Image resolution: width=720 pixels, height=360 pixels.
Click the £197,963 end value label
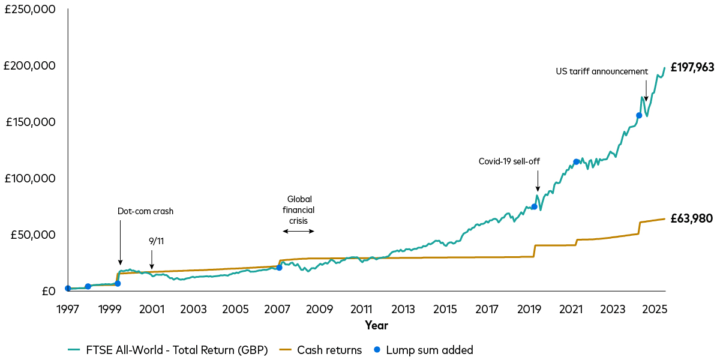tap(692, 68)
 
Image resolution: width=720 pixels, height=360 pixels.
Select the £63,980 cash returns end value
tap(691, 218)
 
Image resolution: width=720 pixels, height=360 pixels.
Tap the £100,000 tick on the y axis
tap(30, 179)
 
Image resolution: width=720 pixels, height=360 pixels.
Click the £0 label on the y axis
tap(48, 292)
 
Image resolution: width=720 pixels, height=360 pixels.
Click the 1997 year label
tap(68, 310)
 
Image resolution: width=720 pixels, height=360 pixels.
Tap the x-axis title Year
tap(376, 326)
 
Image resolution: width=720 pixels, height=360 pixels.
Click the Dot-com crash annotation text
tap(145, 211)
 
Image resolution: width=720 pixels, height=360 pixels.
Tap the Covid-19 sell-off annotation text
tap(509, 161)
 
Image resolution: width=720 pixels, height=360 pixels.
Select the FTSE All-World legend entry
tap(167, 350)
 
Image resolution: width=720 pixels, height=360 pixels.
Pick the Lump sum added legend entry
tap(423, 350)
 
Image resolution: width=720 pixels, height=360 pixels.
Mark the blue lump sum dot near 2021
tap(577, 161)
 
